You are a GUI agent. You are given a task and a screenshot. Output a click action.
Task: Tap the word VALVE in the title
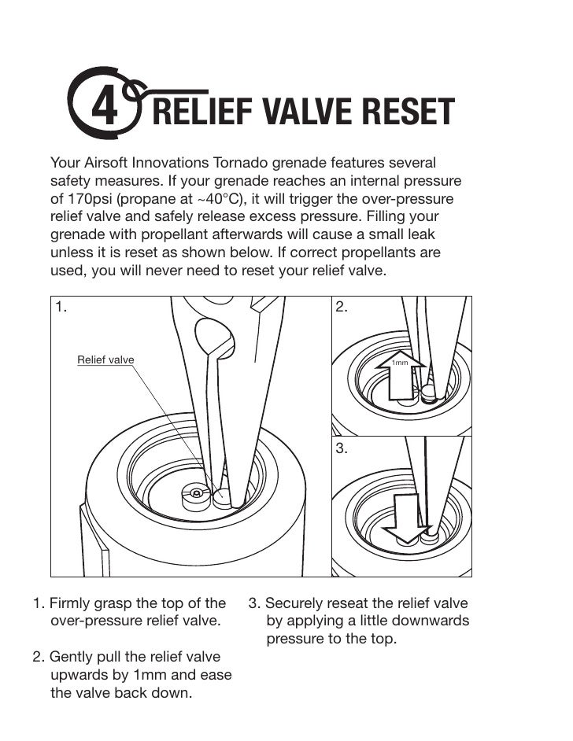click(297, 112)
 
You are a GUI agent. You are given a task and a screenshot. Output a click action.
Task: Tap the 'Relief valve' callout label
click(105, 360)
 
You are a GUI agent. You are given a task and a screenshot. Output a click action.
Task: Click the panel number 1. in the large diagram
click(61, 308)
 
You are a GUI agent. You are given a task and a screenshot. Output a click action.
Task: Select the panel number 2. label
click(342, 308)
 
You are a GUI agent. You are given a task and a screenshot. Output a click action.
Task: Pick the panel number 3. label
click(342, 448)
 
